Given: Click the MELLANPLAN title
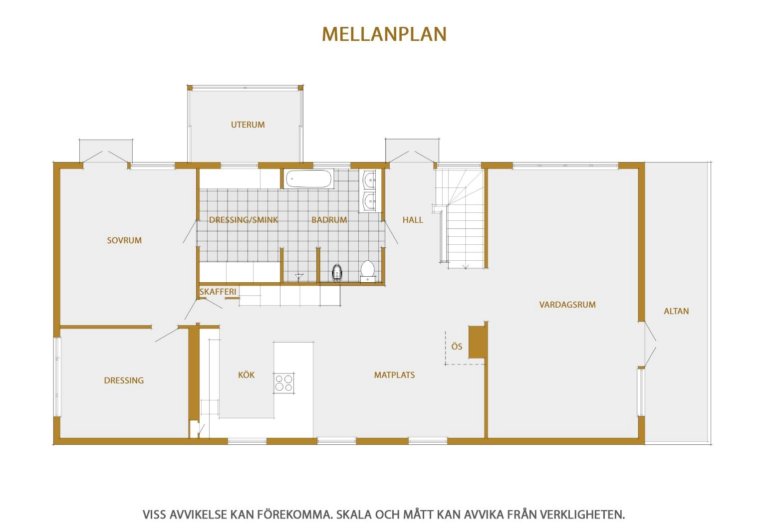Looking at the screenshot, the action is point(384,34).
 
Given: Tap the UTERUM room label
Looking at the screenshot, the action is point(248,125).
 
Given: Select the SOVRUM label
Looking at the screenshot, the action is point(124,240).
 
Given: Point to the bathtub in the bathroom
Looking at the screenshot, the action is point(308,179).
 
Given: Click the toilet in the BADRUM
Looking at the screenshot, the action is point(367,271).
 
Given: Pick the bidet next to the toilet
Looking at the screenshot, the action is point(337,273).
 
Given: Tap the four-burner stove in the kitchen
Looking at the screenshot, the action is point(284,383).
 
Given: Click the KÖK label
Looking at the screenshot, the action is point(246,375).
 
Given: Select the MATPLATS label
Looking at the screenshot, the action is point(394,375).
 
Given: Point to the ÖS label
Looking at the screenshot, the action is point(457,347).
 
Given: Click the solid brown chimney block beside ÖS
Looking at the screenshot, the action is point(478,342).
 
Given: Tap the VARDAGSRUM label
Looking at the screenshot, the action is point(567,305).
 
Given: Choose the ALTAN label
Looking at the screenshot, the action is point(676,311).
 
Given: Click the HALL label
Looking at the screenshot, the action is point(412,220).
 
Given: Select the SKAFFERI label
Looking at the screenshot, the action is point(218,292).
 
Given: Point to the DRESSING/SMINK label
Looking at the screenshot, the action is point(244,220).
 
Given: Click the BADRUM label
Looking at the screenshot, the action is point(329,220).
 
